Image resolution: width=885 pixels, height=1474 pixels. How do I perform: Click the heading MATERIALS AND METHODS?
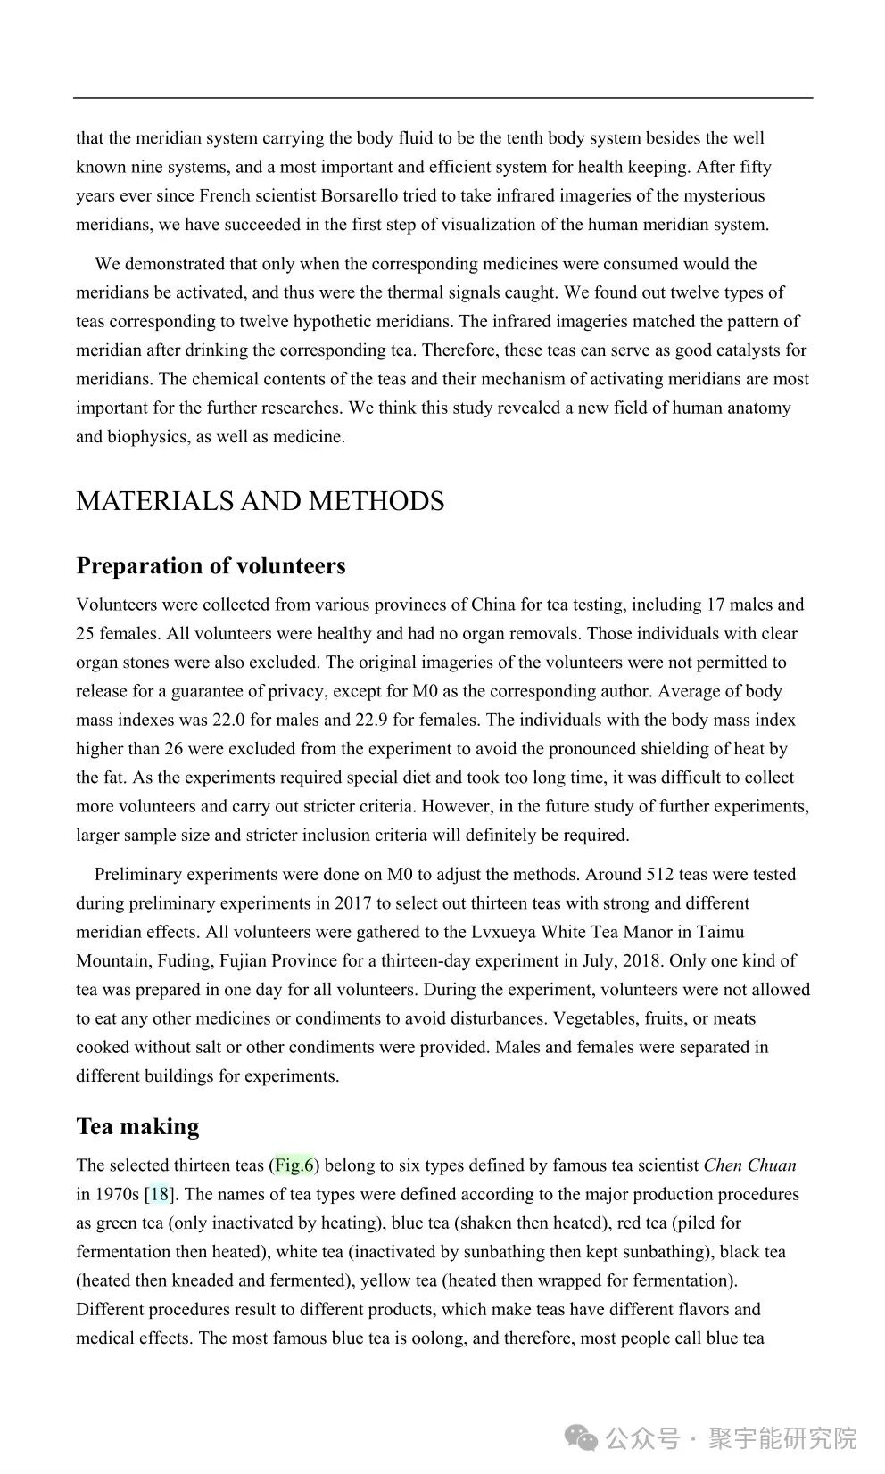(x=260, y=501)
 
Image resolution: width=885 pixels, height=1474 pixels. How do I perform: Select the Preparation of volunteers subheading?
(x=211, y=566)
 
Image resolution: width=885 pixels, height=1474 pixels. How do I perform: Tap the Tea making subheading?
(x=137, y=1126)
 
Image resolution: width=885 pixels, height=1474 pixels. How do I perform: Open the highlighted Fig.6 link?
(x=294, y=1165)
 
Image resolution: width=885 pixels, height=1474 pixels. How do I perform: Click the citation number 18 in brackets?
(x=159, y=1194)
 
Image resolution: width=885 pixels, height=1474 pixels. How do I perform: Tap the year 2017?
(x=352, y=903)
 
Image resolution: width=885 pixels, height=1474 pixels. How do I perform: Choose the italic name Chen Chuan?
(x=749, y=1165)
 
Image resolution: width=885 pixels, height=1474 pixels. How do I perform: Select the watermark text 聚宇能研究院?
(x=782, y=1438)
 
